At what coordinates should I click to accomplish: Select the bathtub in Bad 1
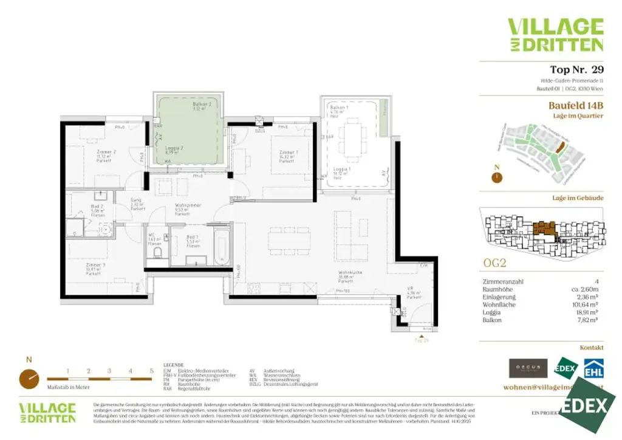(221, 246)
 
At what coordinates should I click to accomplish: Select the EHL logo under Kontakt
(593, 369)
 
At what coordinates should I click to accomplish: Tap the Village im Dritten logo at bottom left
(47, 412)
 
